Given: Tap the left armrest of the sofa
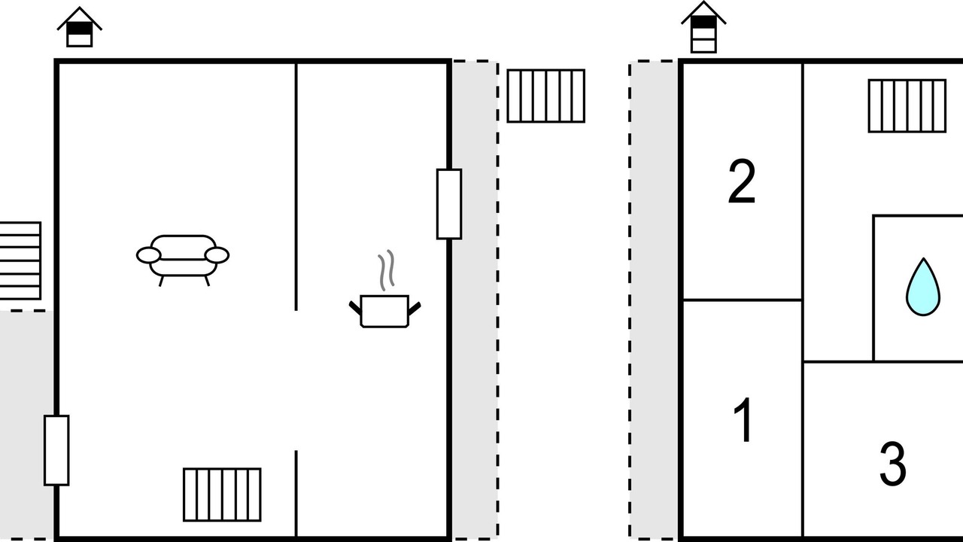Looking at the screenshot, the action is [x=149, y=255].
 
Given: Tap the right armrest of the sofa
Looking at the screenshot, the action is [x=217, y=255].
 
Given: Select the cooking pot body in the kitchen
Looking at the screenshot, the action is [x=384, y=311].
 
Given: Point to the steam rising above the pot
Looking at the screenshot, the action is [x=386, y=269].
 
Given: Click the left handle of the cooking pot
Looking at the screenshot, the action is [x=355, y=308].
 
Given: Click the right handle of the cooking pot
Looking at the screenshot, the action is [x=414, y=308].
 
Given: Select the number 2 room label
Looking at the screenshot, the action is [x=742, y=181].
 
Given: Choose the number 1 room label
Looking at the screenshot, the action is [x=743, y=419].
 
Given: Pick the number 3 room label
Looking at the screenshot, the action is [x=892, y=464].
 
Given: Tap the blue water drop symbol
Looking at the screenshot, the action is [x=923, y=287].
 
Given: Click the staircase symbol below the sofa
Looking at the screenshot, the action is [x=222, y=495].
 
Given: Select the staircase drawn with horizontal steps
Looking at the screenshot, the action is [x=20, y=260].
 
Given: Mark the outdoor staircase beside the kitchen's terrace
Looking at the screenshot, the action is [x=546, y=96].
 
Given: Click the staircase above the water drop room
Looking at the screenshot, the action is [x=907, y=106].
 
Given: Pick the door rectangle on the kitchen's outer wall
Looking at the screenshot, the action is [x=449, y=204].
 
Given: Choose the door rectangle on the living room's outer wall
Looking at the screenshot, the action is [x=56, y=450].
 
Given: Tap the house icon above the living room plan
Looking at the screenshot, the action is [x=80, y=27].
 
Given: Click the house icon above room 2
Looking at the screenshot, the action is [x=703, y=27].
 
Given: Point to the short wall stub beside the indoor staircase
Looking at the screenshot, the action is [x=296, y=494].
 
